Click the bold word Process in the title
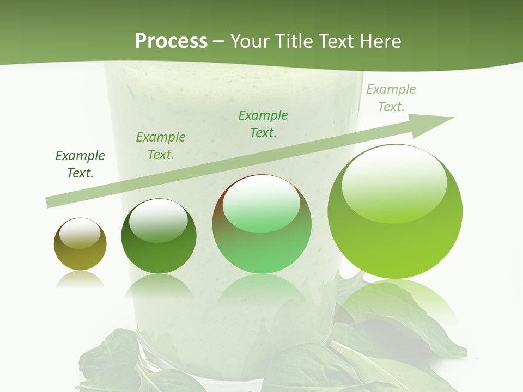tap(171, 41)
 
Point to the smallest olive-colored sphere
tap(80, 244)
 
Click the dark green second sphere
tap(159, 236)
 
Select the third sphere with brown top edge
tap(261, 224)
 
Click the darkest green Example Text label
tap(80, 164)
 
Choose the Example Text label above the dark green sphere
tap(161, 146)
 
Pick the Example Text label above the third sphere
tap(263, 124)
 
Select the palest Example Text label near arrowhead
tap(391, 98)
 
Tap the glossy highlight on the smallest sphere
tap(80, 232)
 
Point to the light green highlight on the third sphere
tap(261, 204)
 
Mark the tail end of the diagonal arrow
tap(49, 202)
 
